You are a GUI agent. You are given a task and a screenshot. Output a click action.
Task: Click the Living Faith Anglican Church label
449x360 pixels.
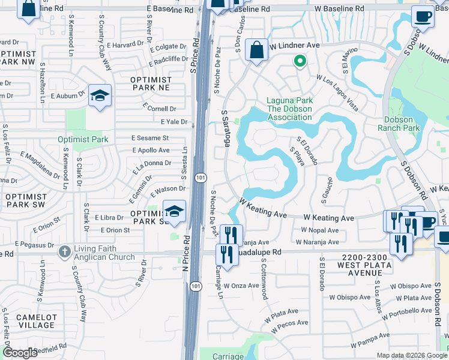point(104,253)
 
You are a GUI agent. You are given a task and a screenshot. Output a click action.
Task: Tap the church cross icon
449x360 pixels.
point(65,253)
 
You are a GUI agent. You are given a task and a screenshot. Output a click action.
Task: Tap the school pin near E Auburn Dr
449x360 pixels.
point(100,95)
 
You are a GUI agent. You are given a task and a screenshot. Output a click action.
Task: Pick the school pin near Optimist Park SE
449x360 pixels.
point(174,212)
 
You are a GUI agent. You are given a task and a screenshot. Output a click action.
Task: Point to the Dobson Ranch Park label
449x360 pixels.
point(402,124)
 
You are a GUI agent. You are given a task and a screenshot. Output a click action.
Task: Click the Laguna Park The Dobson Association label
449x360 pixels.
point(289,109)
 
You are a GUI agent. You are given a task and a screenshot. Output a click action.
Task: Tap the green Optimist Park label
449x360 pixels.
point(83,139)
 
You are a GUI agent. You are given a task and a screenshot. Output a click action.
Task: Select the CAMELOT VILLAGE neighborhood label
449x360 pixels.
point(37,321)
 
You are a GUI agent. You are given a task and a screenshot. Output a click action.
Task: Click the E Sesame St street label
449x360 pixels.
point(150,137)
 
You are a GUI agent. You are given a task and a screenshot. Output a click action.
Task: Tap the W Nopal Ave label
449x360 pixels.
point(321,230)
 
